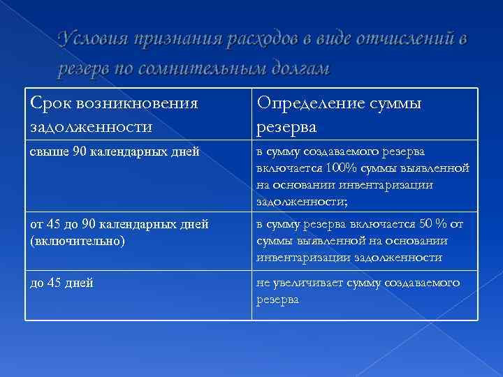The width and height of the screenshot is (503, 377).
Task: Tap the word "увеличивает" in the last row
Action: point(305,283)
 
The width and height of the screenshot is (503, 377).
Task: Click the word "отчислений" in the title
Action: point(406,40)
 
